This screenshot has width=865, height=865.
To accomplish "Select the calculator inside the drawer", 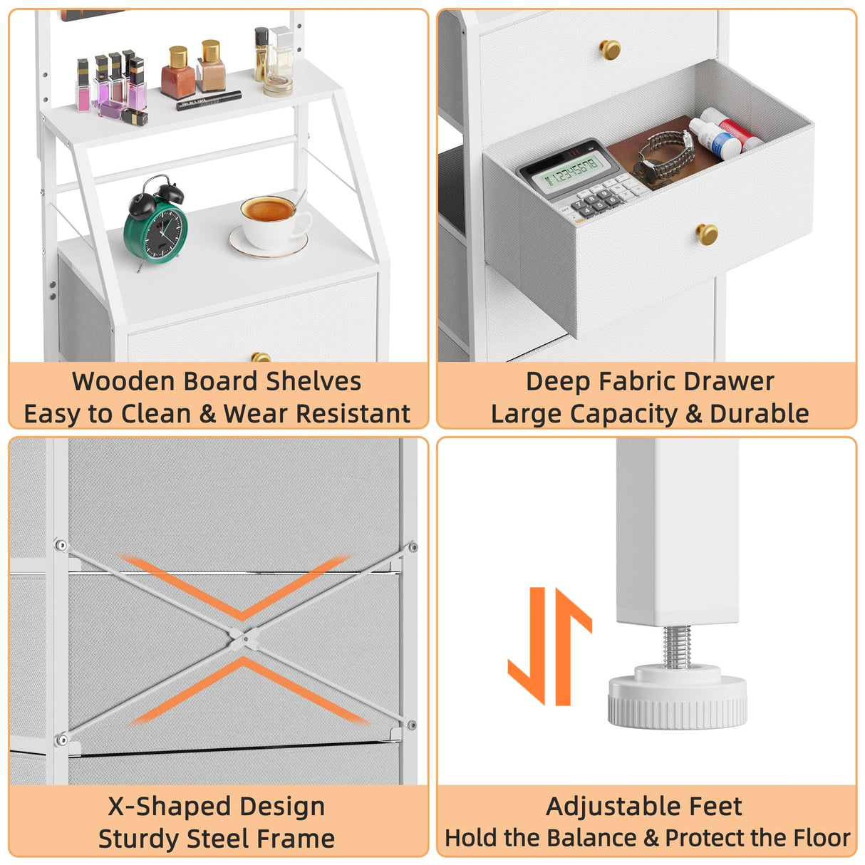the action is coord(581,180).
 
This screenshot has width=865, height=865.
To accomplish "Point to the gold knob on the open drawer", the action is coord(707,234).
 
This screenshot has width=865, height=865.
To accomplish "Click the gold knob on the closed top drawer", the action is coord(611,49).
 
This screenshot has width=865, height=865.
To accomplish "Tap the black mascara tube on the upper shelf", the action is coord(209,100).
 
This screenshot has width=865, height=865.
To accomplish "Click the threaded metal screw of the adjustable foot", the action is coord(676,647).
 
